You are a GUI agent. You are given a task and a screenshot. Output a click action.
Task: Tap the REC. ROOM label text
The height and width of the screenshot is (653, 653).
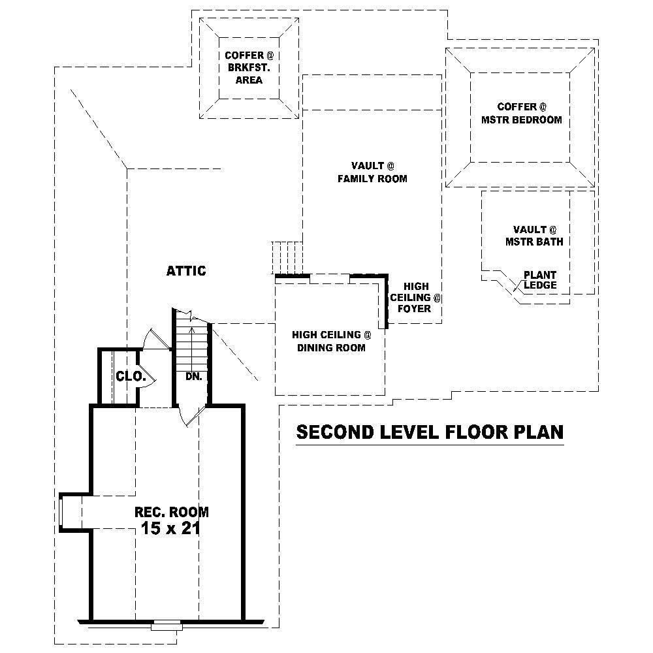(x=171, y=512)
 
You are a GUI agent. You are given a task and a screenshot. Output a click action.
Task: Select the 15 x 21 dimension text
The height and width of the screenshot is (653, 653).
(x=170, y=528)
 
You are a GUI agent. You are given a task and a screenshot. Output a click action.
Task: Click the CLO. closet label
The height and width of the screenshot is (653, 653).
(x=127, y=376)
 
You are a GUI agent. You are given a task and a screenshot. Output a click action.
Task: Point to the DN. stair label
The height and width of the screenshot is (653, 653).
(x=193, y=377)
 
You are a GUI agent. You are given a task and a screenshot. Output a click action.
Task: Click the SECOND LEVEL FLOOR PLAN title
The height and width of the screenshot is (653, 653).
(x=430, y=432)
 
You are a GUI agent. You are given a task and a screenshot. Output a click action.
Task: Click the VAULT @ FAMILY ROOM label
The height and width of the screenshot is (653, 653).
(x=372, y=172)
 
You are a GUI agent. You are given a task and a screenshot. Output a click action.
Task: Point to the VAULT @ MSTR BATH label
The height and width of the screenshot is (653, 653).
(x=534, y=235)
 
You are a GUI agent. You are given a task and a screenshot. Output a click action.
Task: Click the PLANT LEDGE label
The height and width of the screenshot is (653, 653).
(x=540, y=280)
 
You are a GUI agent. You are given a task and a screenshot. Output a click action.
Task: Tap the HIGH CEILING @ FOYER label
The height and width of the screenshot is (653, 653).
(x=416, y=297)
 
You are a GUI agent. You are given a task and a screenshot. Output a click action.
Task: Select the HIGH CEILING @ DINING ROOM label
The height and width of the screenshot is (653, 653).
(x=331, y=341)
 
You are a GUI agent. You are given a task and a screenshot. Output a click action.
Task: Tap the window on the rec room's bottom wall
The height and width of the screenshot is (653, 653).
(x=166, y=626)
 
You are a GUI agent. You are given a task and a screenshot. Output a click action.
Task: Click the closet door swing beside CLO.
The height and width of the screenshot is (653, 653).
(x=147, y=377)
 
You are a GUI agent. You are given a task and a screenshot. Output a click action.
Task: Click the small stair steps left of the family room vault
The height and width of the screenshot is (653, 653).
(x=287, y=258)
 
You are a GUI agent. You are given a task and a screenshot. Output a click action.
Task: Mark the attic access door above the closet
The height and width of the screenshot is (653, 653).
(x=157, y=339)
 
